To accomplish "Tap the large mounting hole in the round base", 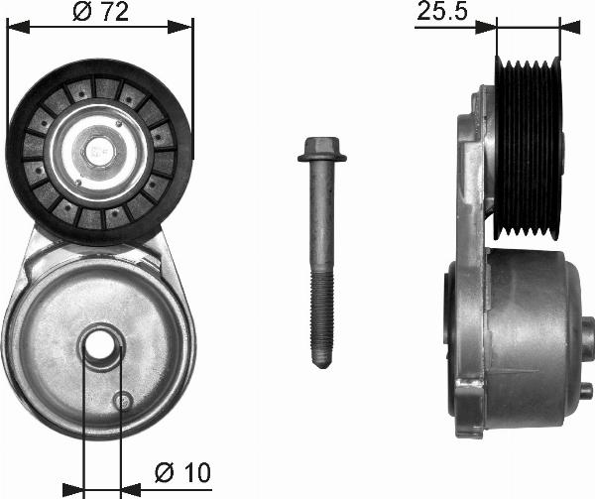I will click(x=101, y=349).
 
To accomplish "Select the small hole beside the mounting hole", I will click(x=124, y=400).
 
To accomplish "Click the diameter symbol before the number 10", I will click(x=164, y=474).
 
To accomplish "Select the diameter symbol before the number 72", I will click(x=81, y=13).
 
